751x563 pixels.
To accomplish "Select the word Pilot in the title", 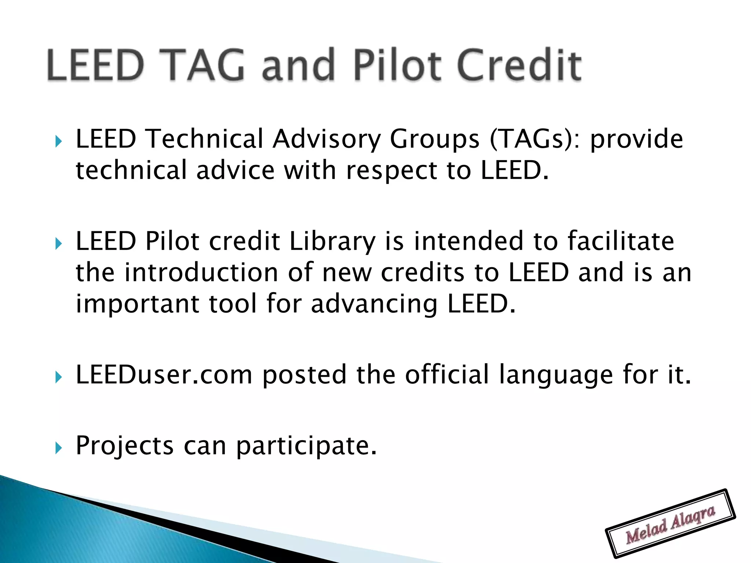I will (398, 65).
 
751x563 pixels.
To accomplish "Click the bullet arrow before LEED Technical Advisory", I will (58, 141).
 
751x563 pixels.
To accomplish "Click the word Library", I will (332, 242).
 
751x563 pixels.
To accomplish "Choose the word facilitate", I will (620, 241).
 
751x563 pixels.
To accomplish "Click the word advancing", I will (374, 304).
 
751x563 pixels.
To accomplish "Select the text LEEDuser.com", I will (164, 375).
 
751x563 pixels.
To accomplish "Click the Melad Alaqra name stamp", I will (670, 523).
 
